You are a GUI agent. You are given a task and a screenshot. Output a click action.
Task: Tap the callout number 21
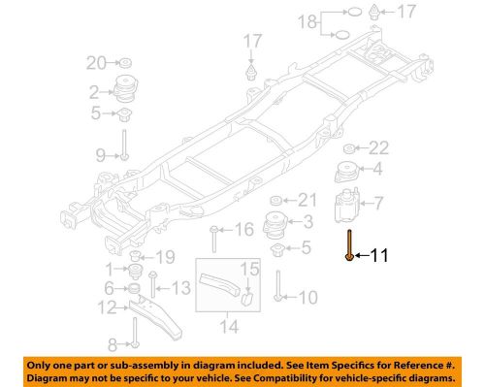[x=307, y=201]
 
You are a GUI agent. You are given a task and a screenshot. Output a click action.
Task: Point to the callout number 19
[x=165, y=256]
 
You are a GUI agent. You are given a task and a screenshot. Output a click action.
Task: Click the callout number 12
[x=107, y=308]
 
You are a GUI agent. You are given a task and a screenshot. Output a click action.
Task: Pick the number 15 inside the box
[x=248, y=268]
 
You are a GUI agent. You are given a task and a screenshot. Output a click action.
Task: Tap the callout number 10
[x=307, y=297]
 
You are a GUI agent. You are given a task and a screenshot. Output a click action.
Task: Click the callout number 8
[x=113, y=344]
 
